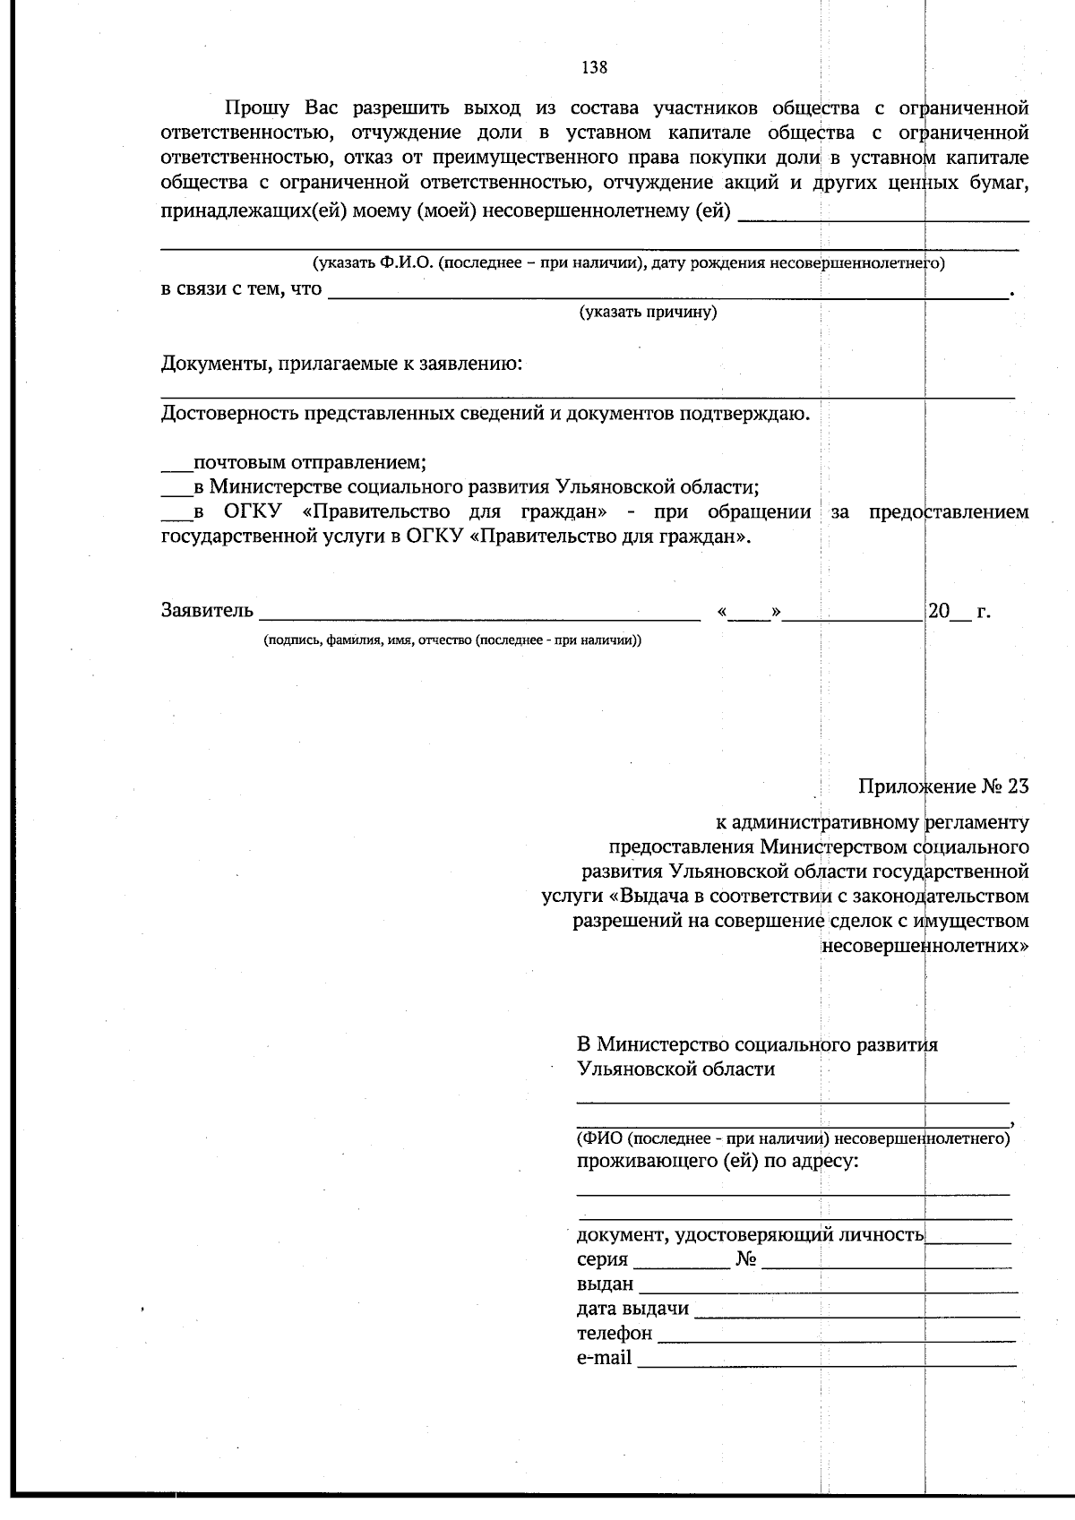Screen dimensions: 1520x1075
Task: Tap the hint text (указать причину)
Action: tap(648, 313)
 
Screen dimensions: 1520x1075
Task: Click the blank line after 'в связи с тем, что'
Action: tap(667, 294)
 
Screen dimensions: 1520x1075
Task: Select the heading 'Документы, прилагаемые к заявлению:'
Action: tap(342, 365)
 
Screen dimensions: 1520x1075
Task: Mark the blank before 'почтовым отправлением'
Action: tap(176, 467)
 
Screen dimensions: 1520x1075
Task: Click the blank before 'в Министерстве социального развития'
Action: tap(176, 491)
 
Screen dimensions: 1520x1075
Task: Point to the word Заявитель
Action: tap(207, 612)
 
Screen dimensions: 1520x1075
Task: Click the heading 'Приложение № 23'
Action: tap(943, 786)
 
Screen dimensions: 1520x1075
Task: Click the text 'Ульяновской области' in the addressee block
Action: tap(676, 1069)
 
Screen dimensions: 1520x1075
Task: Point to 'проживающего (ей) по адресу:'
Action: tap(718, 1162)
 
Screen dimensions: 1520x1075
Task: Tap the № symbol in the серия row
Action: tap(745, 1260)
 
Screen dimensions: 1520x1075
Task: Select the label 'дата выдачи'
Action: tap(632, 1309)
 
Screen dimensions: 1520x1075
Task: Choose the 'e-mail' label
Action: tap(604, 1358)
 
